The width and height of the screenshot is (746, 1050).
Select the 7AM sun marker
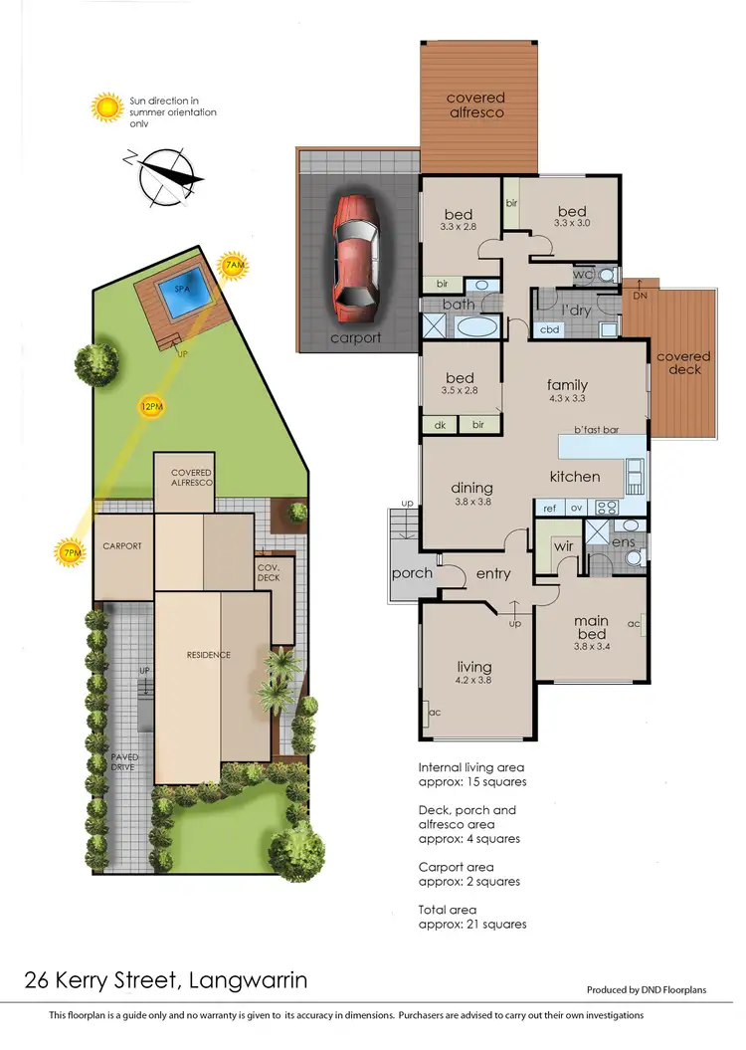click(233, 266)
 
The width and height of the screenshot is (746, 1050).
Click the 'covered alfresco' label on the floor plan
click(475, 105)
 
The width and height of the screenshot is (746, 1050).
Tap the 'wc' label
click(583, 274)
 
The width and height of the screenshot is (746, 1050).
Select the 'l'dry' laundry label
click(577, 311)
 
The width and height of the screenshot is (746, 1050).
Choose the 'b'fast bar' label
click(596, 430)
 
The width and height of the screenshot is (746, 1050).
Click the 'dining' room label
click(471, 488)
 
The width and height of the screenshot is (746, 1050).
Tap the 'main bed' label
click(590, 628)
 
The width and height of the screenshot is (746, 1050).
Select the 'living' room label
click(472, 667)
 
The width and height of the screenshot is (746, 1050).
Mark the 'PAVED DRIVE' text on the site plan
click(125, 762)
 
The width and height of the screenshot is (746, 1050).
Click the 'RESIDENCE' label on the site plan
click(209, 654)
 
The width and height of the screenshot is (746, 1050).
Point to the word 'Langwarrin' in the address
click(247, 980)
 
